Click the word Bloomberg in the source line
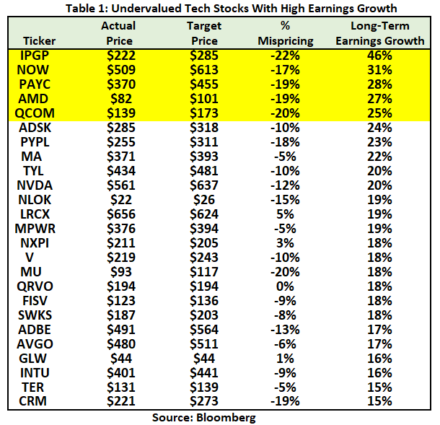229,417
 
